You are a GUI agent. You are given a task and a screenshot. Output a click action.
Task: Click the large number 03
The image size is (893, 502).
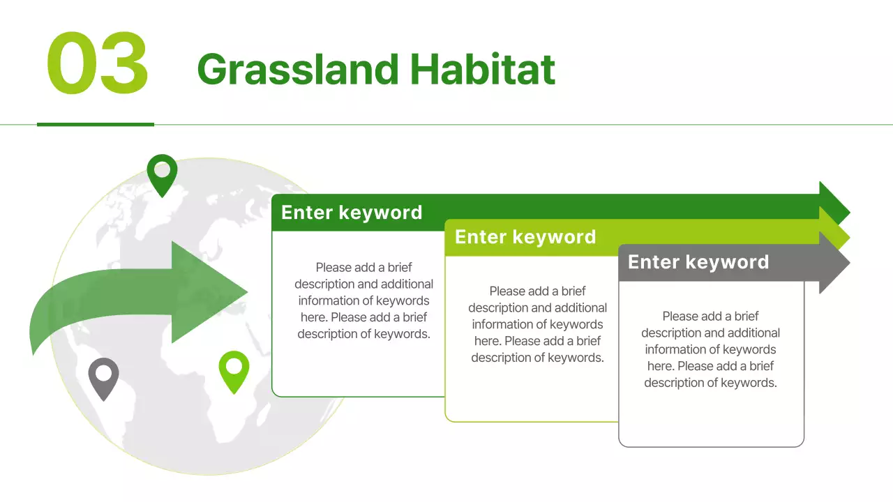pos(98,64)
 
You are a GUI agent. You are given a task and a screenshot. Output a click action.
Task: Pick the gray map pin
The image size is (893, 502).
pos(103,379)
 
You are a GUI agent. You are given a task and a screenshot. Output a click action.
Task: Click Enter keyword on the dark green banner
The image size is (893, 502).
pos(352,213)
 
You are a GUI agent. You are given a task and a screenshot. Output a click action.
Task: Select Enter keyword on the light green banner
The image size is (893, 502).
pos(525,237)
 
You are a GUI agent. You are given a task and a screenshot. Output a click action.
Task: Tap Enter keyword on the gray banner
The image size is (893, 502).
pos(698,262)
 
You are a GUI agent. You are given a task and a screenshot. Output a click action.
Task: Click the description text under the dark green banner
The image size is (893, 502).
pos(363,301)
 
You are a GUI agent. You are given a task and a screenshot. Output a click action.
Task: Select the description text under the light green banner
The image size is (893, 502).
pos(537,324)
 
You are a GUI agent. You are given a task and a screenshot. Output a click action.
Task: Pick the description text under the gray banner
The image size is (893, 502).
pos(710,349)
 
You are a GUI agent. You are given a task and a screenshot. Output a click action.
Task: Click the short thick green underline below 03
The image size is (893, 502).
pos(95,124)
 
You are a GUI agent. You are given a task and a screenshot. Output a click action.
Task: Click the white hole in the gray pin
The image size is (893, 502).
pos(103,373)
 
